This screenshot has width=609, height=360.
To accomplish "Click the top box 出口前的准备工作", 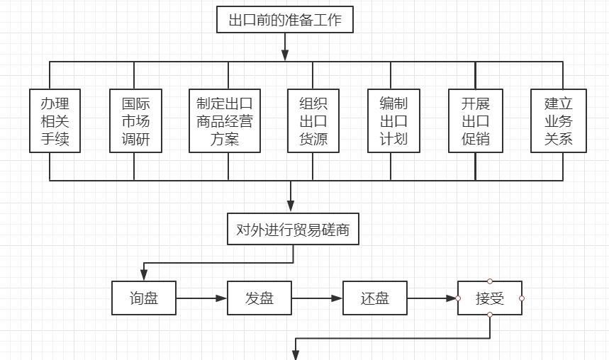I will [x=285, y=20].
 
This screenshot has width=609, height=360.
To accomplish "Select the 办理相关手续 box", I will [x=55, y=120].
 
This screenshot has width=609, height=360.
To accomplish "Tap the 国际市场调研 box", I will [x=135, y=120].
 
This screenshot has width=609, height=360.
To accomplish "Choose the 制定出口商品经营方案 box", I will [x=225, y=120].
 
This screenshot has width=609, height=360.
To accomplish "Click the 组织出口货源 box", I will [x=313, y=120].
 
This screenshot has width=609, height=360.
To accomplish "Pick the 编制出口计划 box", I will [x=393, y=120].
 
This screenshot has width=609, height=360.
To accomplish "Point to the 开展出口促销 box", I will [x=475, y=120].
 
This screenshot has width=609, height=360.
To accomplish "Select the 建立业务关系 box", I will [x=559, y=120].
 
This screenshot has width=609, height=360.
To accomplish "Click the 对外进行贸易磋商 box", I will [x=292, y=230].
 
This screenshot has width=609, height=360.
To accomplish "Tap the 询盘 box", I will [x=144, y=298].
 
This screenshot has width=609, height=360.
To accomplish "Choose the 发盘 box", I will [x=259, y=298].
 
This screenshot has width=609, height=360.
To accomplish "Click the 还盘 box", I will [x=375, y=298].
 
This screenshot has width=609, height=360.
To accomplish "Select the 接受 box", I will [x=490, y=298].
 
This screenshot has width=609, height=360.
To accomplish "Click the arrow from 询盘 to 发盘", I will [x=201, y=298].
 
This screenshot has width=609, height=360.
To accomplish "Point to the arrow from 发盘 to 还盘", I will [x=317, y=298].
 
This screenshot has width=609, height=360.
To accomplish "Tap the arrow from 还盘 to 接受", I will [x=432, y=298].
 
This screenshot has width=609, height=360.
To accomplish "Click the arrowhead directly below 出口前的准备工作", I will [x=285, y=55].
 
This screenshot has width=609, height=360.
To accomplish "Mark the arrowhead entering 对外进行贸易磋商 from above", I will [x=291, y=206].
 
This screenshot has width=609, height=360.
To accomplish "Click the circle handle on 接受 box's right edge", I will [x=522, y=298].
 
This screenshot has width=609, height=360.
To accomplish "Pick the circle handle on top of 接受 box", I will [x=490, y=281].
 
